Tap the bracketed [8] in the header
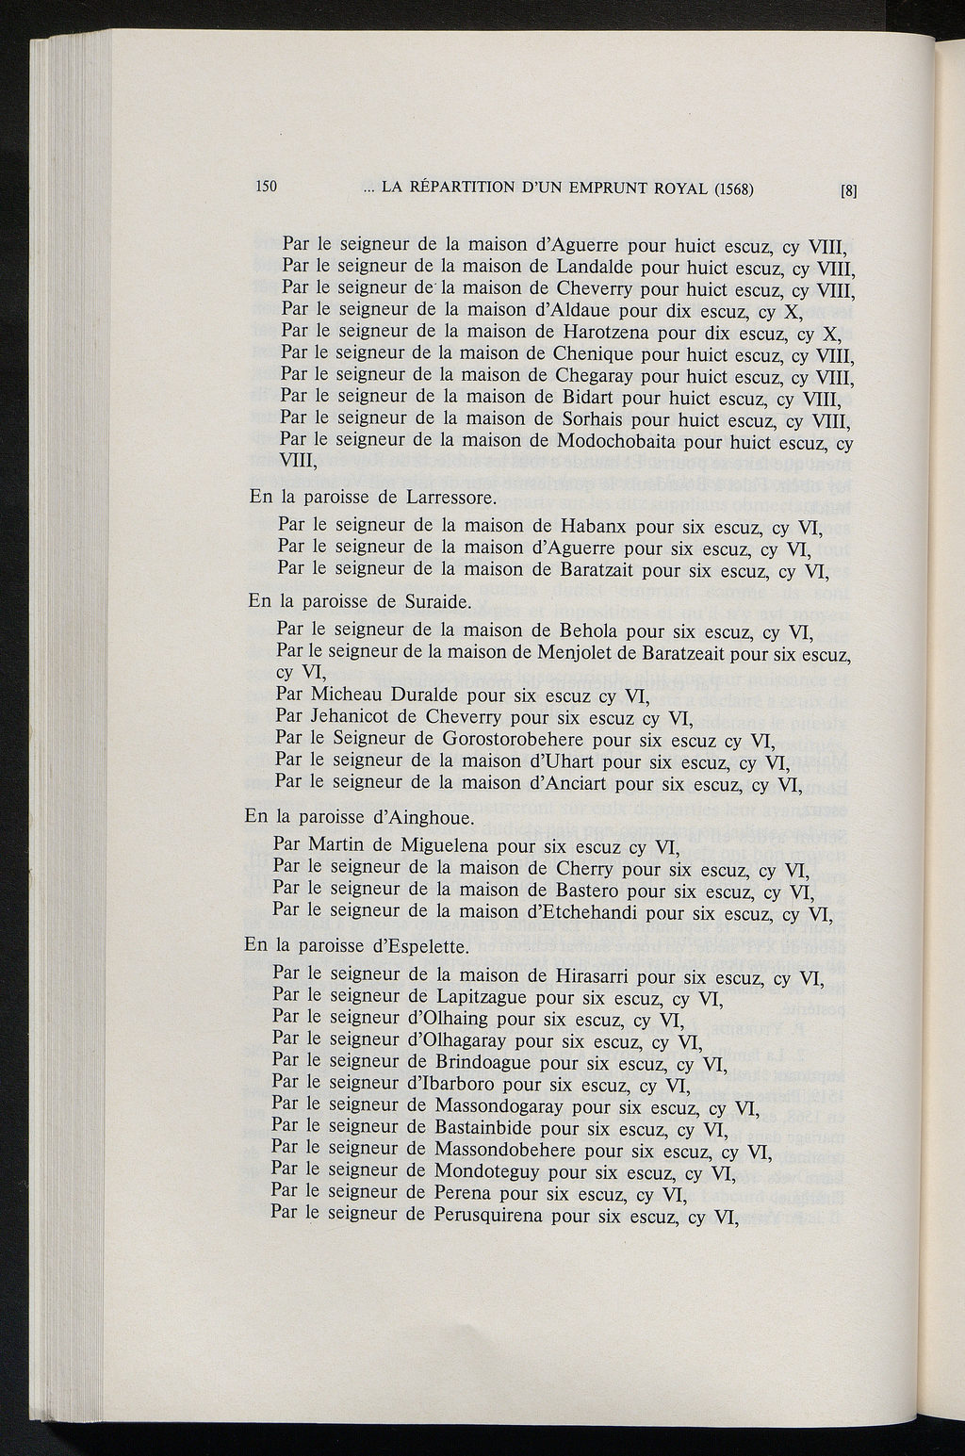(x=849, y=189)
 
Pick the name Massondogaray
(x=500, y=1106)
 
